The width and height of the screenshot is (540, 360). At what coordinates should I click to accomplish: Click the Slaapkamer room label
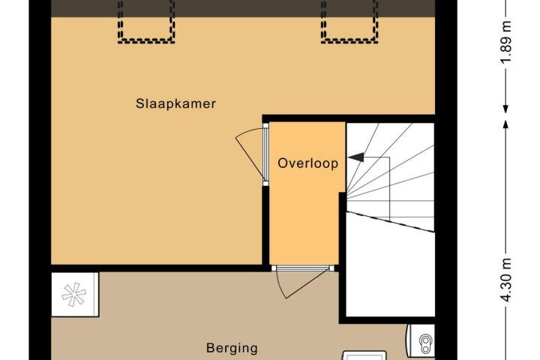[175, 103]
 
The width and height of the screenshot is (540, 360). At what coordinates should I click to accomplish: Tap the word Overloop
[308, 163]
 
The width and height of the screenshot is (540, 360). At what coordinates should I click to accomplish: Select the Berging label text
[232, 348]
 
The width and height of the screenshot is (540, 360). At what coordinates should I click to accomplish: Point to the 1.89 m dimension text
[506, 42]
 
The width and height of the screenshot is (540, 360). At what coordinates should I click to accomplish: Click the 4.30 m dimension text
[506, 280]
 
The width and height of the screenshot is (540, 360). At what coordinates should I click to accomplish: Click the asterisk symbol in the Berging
[74, 295]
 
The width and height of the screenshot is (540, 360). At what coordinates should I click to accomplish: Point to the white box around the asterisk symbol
[75, 295]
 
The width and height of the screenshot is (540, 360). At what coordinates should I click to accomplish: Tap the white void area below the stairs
[389, 272]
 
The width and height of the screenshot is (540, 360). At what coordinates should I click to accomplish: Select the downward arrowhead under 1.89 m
[505, 109]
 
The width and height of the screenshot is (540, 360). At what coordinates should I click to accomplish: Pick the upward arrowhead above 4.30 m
[505, 124]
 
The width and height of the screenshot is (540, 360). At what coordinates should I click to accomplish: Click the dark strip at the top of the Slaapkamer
[243, 8]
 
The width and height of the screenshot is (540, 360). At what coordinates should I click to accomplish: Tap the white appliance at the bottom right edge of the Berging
[364, 355]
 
